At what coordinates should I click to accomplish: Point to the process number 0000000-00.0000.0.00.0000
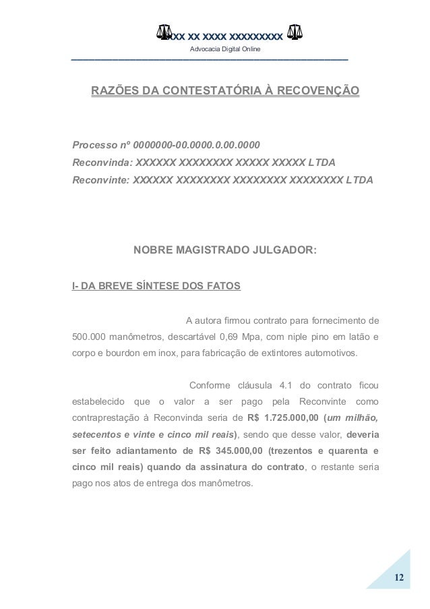(197, 145)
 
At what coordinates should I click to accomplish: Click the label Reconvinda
(102, 163)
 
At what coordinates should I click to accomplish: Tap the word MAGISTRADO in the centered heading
(220, 251)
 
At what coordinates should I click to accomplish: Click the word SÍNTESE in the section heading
(150, 286)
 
